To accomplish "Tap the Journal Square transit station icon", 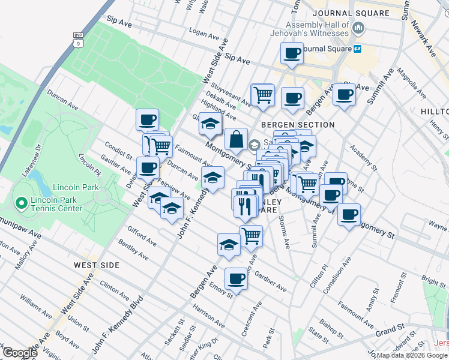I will (x=357, y=48).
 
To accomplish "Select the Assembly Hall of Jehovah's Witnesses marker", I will (x=359, y=28).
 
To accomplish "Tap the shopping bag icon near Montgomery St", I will (x=237, y=140).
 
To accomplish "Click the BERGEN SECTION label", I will (x=297, y=124).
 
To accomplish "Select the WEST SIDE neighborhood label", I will (x=97, y=265).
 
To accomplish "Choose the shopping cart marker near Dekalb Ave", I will (x=262, y=94).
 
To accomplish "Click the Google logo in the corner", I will (x=20, y=353).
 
